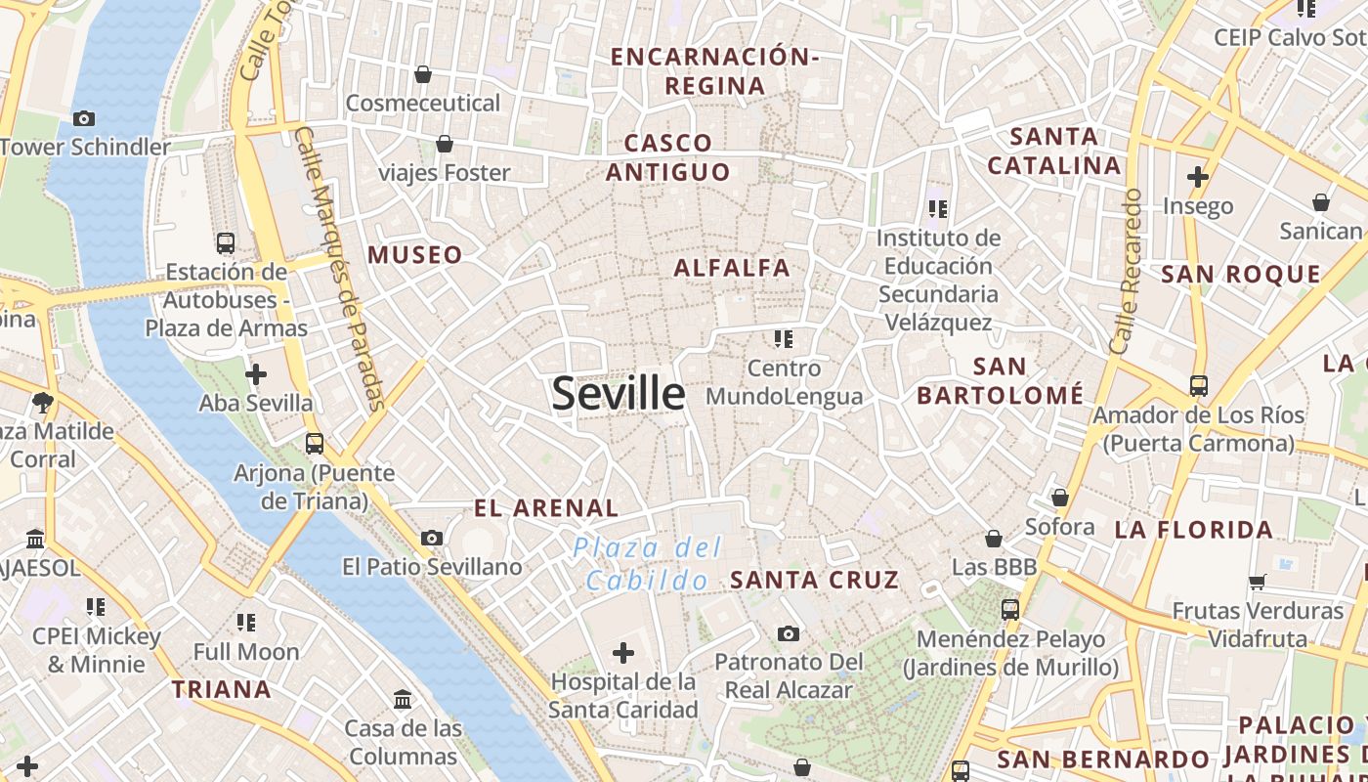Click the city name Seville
pos(619,393)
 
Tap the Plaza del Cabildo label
pos(647,563)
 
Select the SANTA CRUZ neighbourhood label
pos(815,580)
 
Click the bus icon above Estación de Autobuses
pos(226,242)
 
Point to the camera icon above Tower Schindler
pos(84,118)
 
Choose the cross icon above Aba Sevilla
pos(256,373)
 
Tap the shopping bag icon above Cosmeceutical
pos(423,74)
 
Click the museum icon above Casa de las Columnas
pos(403,699)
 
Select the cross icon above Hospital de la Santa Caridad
pos(623,652)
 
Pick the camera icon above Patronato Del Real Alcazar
pos(789,633)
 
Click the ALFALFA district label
pos(732,268)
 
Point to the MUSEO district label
pos(415,255)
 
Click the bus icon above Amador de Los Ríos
pos(1199,386)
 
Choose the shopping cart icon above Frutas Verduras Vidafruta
pos(1258,582)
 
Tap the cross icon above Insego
pos(1198,177)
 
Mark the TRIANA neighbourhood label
pos(222,689)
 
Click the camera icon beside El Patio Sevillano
pos(431,538)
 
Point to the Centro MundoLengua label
pos(785,382)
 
